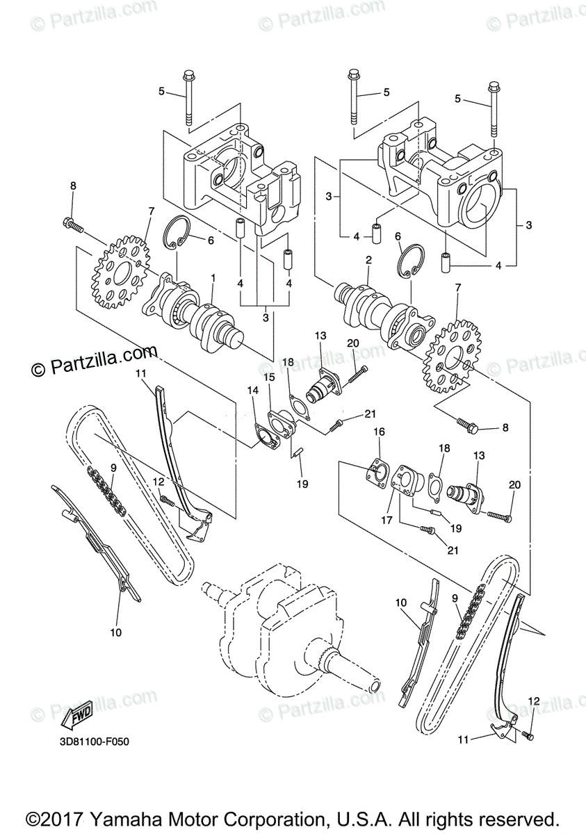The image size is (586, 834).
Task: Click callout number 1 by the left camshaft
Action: coord(213,277)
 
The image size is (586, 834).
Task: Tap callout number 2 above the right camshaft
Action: coord(368,260)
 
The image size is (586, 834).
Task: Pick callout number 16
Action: coord(379,432)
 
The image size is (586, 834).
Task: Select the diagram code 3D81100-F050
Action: coord(94,742)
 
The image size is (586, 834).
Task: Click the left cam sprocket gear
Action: coord(122,271)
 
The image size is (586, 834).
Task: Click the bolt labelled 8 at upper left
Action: coord(72,224)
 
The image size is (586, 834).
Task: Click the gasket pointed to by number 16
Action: coord(375,473)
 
